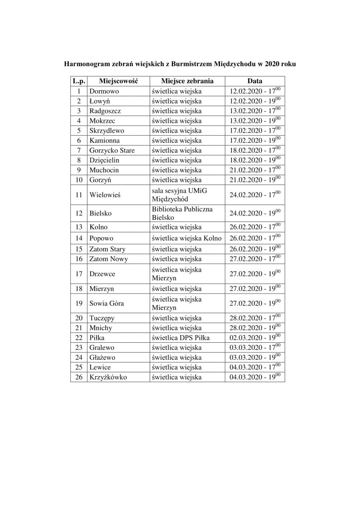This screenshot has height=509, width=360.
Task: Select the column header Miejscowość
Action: tap(118, 81)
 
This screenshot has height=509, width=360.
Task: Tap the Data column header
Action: tap(255, 81)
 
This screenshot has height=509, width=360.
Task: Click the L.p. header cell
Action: tap(79, 81)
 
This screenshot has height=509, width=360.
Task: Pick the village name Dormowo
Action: tap(104, 91)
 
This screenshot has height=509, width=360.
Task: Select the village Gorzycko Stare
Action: tap(112, 150)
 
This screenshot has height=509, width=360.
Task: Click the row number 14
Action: tap(79, 239)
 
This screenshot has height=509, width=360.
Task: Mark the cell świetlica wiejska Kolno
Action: tap(186, 239)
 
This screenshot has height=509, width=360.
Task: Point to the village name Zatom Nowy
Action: tap(108, 259)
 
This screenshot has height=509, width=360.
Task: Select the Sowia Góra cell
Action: tap(106, 304)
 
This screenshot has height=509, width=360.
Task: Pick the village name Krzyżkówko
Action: tap(108, 377)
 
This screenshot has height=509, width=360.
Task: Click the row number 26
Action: tap(79, 377)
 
